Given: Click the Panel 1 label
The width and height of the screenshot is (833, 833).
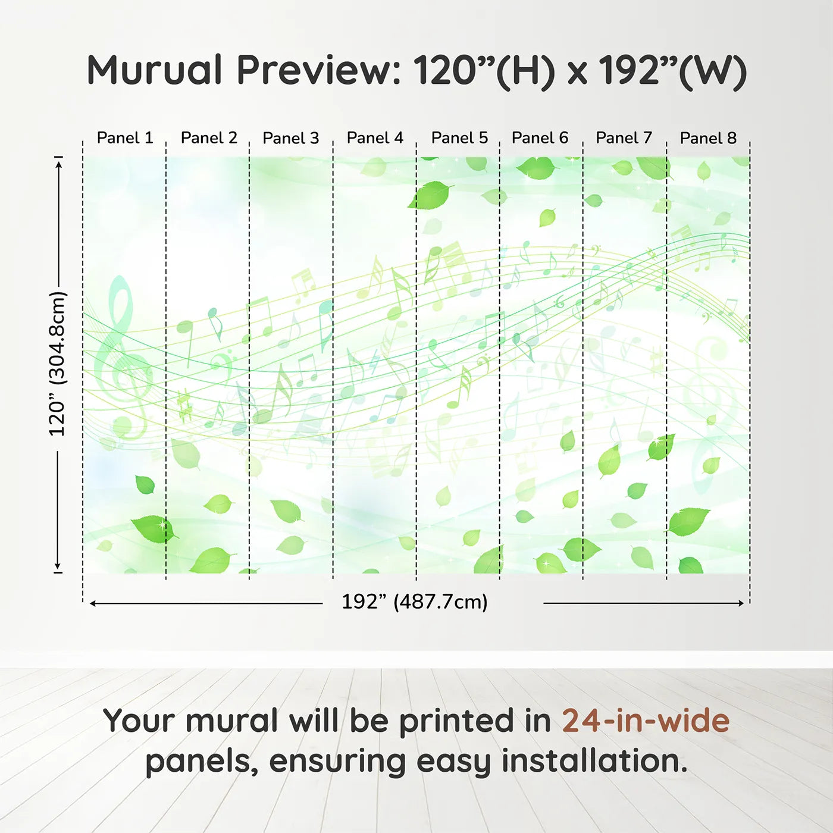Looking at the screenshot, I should (125, 138).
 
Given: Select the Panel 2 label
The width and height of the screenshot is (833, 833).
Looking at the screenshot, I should (209, 138).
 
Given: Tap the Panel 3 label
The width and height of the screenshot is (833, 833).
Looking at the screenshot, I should (291, 138).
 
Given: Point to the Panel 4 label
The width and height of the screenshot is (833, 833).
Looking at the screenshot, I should (375, 138).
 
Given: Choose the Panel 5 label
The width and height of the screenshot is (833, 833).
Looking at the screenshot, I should (459, 138).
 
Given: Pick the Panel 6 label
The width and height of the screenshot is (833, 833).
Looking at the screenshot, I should (540, 138).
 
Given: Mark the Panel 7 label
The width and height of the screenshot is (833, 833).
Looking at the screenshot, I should (624, 138).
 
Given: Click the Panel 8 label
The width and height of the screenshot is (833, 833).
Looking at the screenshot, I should (708, 138).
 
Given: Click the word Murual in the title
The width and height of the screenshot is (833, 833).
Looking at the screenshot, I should (155, 70).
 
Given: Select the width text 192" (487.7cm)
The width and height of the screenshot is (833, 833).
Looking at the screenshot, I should (415, 602).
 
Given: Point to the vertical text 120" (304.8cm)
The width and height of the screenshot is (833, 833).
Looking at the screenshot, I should (58, 364).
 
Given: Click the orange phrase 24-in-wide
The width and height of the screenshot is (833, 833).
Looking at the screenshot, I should (646, 721).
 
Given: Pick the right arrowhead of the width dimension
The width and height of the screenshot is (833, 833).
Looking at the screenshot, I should (741, 603).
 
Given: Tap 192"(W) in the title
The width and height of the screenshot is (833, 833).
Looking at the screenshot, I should (672, 70).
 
